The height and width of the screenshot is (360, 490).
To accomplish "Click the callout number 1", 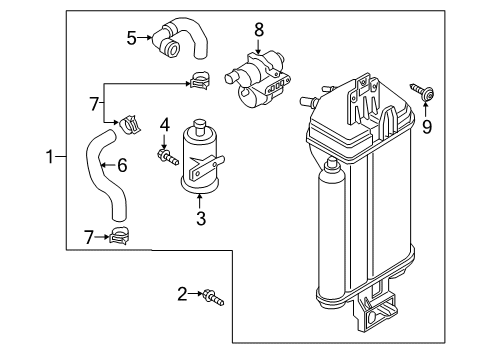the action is pos(50,157).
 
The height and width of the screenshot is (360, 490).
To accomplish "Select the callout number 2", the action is pos(182,294).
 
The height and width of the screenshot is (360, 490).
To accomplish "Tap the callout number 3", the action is pos(201,219).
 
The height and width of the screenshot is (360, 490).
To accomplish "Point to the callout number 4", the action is pos(165,125).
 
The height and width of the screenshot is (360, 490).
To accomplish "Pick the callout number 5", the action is pos(132,38).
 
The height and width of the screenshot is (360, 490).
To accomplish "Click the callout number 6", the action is pos(122,165).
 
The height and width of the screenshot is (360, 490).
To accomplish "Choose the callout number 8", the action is pos(259,30).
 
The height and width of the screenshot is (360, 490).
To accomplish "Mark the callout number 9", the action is pos(427,127).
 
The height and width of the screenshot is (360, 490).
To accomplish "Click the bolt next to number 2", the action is pos(214,297).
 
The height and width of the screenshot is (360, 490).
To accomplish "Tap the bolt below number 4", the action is pos(168,157).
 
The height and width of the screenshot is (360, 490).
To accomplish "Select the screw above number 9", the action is pos(422,91).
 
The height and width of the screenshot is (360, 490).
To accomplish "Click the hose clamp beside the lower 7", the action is pos(119,236).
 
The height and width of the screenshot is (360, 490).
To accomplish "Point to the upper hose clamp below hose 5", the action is pos(200,80).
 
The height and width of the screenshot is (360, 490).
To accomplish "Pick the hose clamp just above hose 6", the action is pos(130,124).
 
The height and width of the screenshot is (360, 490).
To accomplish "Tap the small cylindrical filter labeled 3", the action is pos(200,158).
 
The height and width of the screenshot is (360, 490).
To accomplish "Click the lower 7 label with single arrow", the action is pos(89,237).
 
